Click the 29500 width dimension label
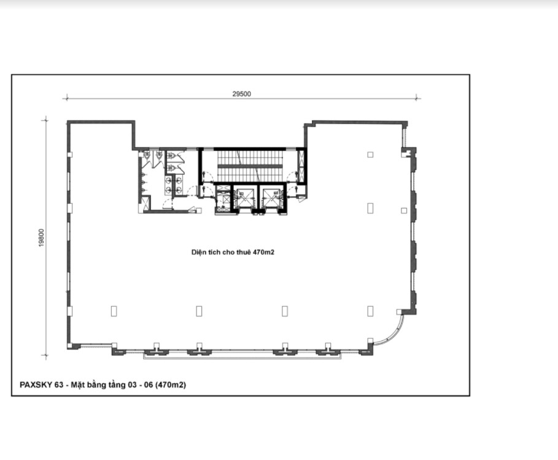point(242,94)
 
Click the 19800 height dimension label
point(42,238)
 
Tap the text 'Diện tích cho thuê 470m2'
point(233,252)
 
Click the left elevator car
point(244,198)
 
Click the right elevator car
point(271,198)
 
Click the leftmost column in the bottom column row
point(114,311)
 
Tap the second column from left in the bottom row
point(200,311)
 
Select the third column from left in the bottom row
point(285,311)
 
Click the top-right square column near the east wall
point(370,155)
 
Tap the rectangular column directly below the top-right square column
point(370,209)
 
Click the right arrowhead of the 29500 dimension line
point(417,98)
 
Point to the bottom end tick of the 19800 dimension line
point(45,355)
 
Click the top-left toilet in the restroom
point(147,155)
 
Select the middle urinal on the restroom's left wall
point(144,182)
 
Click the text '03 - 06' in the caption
point(140,385)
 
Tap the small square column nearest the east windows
point(404,210)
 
